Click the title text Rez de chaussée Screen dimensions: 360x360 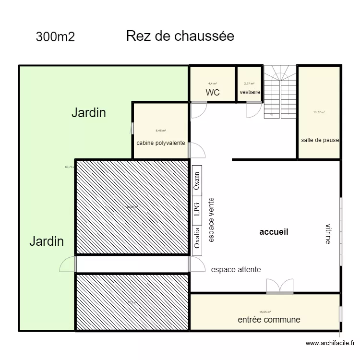(180, 36)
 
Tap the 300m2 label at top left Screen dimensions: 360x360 (55, 37)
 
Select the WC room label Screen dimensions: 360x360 (213, 92)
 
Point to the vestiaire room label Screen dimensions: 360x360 (250, 93)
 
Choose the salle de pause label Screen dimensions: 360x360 (320, 140)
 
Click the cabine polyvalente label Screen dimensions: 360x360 (161, 143)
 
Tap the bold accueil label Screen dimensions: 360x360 (274, 232)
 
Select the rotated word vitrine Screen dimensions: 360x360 (328, 234)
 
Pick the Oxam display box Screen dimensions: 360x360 (196, 181)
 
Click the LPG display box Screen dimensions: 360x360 (196, 210)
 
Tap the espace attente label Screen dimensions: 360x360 (236, 270)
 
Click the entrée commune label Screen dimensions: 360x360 (269, 320)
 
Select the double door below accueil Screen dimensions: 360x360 (280, 286)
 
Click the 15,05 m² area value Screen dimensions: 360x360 (265, 312)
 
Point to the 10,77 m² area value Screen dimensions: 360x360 (319, 112)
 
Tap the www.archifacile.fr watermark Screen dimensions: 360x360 (330, 343)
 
